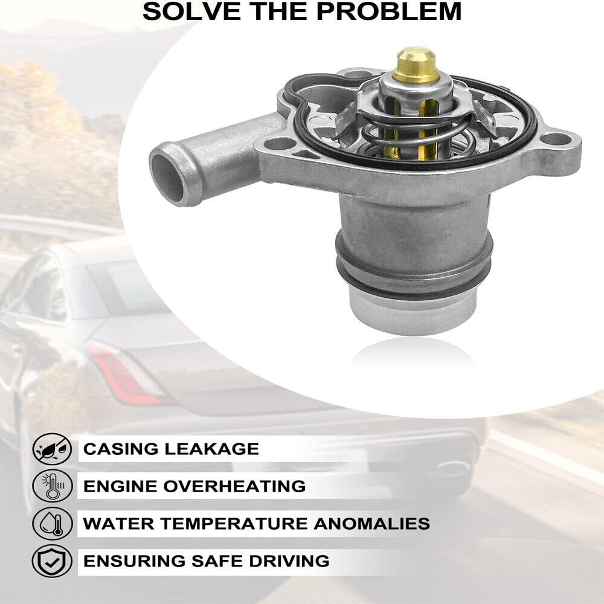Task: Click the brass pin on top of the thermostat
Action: pyautogui.click(x=416, y=65)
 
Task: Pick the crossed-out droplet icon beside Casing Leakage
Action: pyautogui.click(x=52, y=448)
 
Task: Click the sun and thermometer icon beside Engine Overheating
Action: pyautogui.click(x=52, y=486)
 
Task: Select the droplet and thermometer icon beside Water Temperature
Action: pyautogui.click(x=52, y=523)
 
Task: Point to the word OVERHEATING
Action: pyautogui.click(x=234, y=486)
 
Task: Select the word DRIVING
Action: pyautogui.click(x=289, y=561)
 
